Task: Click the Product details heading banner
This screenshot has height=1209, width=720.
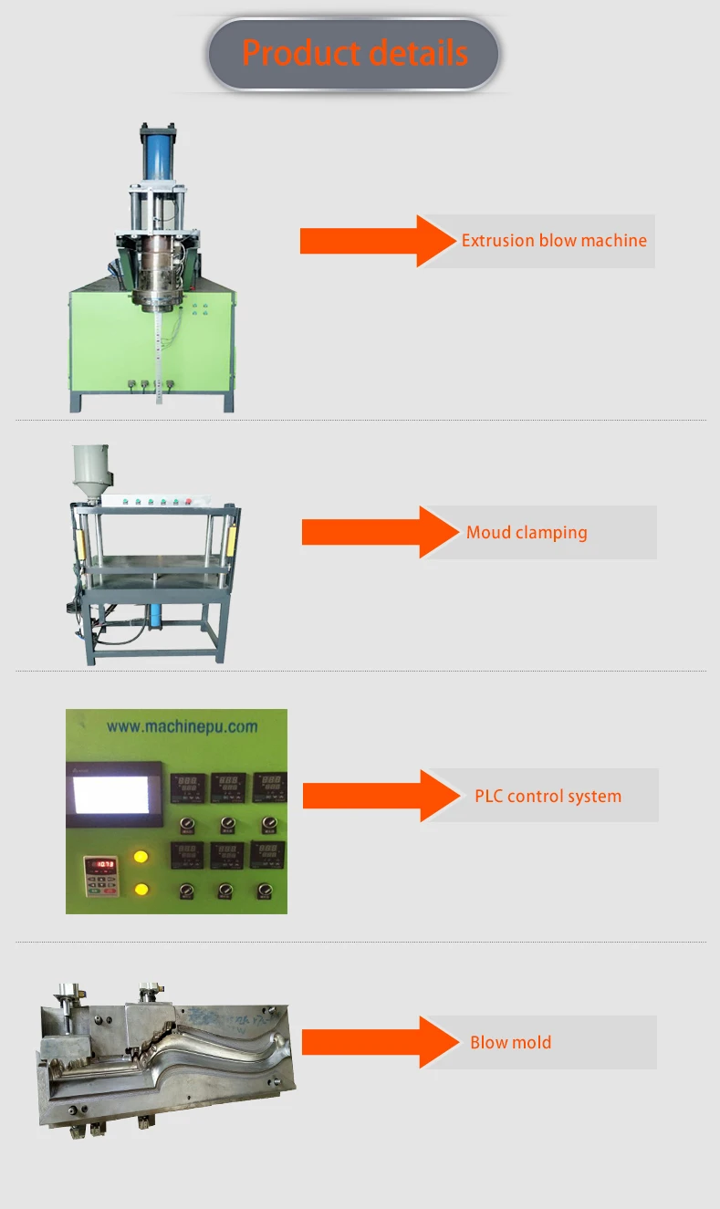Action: pos(354,54)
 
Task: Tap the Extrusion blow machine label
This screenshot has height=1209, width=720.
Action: pos(553,241)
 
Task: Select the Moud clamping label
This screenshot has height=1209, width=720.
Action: pos(527,532)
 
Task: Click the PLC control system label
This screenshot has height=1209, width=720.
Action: pos(548,796)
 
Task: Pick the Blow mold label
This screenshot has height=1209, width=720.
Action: pos(510,1042)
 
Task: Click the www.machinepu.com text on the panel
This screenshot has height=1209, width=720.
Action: pos(182,727)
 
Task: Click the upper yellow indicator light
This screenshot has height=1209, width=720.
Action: pos(141,858)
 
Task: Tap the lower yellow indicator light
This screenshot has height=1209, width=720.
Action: pos(141,889)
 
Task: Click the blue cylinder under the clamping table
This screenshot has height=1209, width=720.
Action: pos(159,616)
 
